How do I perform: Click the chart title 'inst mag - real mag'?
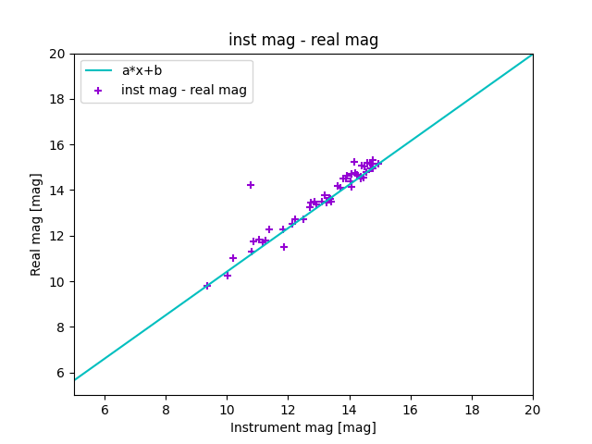coord(303,40)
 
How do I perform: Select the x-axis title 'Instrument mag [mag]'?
coord(303,427)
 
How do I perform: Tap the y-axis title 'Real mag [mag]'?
coord(37,224)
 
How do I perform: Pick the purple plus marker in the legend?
coord(98,90)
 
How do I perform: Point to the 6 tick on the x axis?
coord(105,410)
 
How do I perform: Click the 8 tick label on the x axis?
coord(166,410)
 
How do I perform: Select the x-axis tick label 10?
coord(227,410)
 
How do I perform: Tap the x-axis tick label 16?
coord(411,410)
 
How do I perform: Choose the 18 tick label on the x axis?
coord(472,410)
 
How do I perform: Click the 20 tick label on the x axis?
coord(533,410)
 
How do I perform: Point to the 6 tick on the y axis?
coord(61,373)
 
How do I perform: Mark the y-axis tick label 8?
coord(61,327)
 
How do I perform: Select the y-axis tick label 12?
coord(57,236)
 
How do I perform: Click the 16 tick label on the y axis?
coord(57,145)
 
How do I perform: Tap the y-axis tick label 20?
coord(57,54)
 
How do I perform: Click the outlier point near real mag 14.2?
coord(251,185)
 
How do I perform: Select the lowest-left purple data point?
coord(207,286)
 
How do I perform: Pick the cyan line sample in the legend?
coord(98,70)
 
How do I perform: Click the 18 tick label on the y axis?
coord(57,99)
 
